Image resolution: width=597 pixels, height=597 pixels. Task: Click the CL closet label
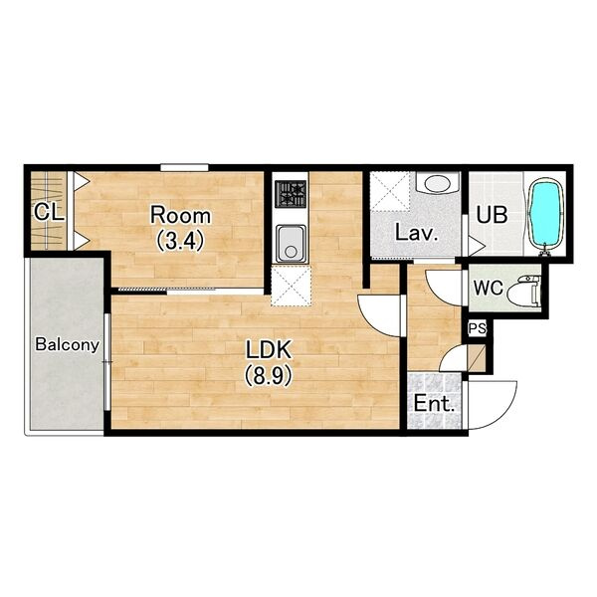[49, 213]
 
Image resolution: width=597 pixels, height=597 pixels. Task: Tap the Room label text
[180, 216]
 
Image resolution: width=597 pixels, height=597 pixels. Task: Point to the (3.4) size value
[180, 241]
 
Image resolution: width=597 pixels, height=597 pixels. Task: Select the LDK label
[269, 350]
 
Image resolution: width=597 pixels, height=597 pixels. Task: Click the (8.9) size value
[269, 375]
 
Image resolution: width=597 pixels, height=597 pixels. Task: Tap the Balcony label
[67, 345]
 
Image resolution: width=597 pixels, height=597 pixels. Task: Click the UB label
[492, 215]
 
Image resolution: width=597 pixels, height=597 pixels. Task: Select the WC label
[489, 288]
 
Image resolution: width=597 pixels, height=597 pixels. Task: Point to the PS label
[477, 328]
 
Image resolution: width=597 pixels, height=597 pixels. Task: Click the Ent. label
[434, 404]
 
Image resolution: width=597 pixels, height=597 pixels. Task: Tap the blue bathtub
[545, 216]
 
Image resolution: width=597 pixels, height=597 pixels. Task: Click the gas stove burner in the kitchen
[291, 194]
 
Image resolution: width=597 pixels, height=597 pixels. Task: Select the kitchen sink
[291, 244]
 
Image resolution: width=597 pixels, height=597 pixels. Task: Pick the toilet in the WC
[527, 291]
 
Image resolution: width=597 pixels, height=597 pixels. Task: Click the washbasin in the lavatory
[438, 183]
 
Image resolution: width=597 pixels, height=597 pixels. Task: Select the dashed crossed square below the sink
[291, 286]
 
